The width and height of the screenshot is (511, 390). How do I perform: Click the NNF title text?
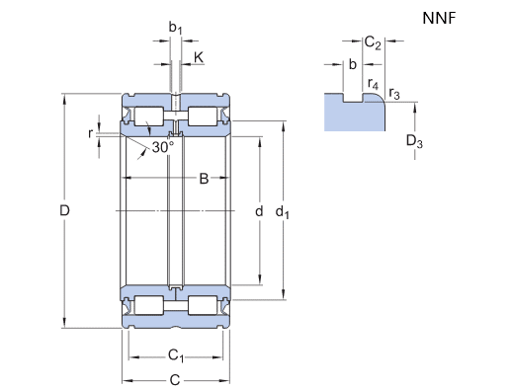tap(439, 18)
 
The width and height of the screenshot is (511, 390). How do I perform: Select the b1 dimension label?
tap(175, 28)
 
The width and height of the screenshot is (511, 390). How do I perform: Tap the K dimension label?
tap(199, 57)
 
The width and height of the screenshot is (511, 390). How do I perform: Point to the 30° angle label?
tap(163, 147)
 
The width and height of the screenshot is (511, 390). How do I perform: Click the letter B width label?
tap(204, 179)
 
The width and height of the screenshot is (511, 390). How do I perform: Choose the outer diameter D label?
tap(64, 210)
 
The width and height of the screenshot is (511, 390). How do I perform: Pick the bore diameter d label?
tap(259, 211)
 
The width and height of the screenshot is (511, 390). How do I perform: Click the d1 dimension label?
tap(283, 212)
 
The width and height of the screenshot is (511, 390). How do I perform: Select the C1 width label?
tap(176, 355)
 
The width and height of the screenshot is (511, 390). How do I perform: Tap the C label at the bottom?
tap(175, 380)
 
